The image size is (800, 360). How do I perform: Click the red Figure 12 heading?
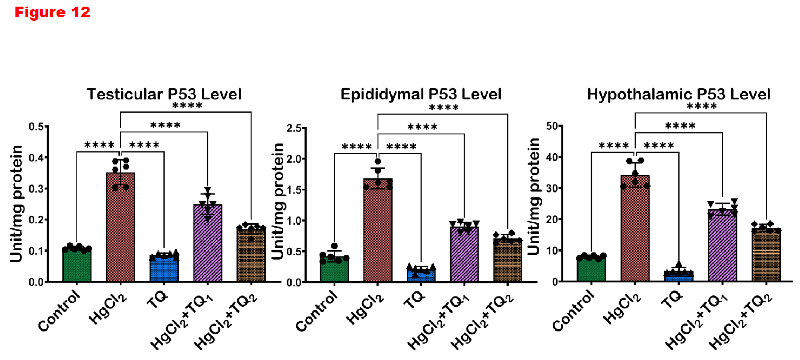click(x=52, y=12)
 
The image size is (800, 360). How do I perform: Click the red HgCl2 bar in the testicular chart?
click(x=120, y=230)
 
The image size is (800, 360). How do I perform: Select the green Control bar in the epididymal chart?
click(x=334, y=270)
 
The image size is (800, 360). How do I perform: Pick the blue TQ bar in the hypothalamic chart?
click(x=679, y=276)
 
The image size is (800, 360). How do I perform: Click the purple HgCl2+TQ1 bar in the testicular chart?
click(x=208, y=245)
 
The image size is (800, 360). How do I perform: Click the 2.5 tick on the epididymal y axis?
click(x=294, y=128)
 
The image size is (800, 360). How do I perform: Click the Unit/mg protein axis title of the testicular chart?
click(x=16, y=203)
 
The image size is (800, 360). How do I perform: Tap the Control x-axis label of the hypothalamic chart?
click(x=573, y=311)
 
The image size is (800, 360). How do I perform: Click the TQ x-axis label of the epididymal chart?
click(x=415, y=300)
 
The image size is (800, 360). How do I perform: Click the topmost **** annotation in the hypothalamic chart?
click(x=702, y=106)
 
